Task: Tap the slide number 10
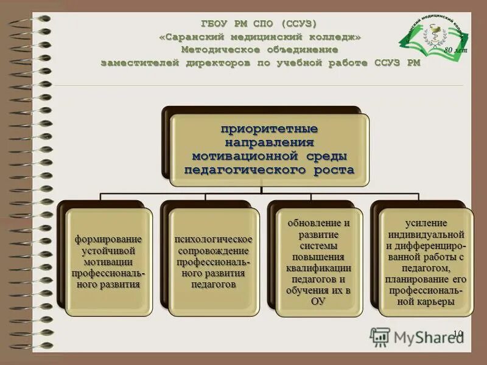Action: pos(458,333)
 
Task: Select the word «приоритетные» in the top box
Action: pos(269,130)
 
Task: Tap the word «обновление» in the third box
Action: pos(314,223)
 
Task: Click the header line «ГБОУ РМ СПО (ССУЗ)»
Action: pos(259,24)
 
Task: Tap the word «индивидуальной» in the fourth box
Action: pos(426,234)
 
